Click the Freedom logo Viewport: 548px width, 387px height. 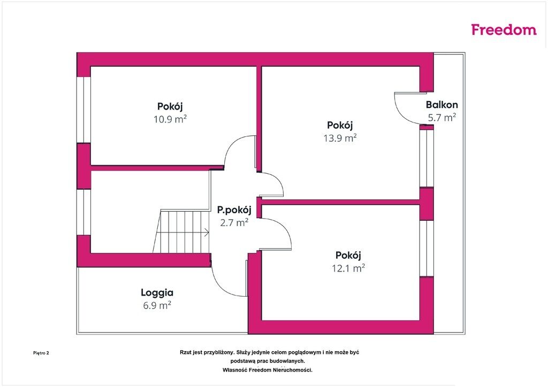pyautogui.click(x=504, y=29)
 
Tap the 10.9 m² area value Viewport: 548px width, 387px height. pyautogui.click(x=170, y=119)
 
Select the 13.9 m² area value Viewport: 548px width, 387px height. pyautogui.click(x=340, y=138)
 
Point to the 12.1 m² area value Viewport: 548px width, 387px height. pyautogui.click(x=348, y=268)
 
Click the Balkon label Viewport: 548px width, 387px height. pyautogui.click(x=442, y=104)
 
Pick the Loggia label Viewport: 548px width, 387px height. pyautogui.click(x=157, y=293)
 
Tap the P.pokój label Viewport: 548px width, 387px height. pyautogui.click(x=234, y=210)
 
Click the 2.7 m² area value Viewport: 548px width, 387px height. pyautogui.click(x=234, y=222)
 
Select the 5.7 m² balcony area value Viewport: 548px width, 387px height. pyautogui.click(x=442, y=117)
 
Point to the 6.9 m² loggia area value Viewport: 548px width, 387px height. pyautogui.click(x=157, y=305)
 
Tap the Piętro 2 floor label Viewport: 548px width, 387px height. pyautogui.click(x=41, y=353)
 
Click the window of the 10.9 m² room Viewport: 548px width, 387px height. pyautogui.click(x=84, y=110)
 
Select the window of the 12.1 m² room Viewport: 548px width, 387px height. pyautogui.click(x=427, y=249)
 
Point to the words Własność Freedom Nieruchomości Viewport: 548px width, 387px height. pyautogui.click(x=268, y=370)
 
